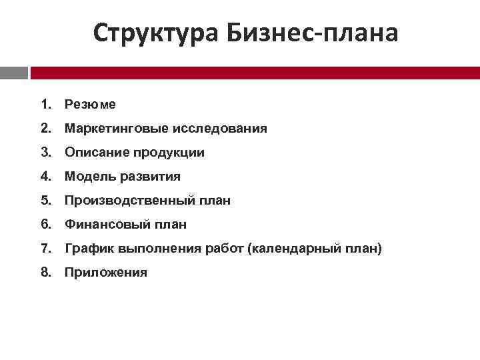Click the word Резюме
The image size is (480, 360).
[x=90, y=105]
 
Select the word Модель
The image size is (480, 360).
[x=87, y=177]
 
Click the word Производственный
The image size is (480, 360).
[x=123, y=201]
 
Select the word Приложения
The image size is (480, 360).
[x=106, y=273]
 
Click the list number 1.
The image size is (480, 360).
[x=45, y=105]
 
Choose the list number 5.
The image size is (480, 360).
[x=45, y=201]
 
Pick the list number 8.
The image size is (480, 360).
[x=45, y=273]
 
